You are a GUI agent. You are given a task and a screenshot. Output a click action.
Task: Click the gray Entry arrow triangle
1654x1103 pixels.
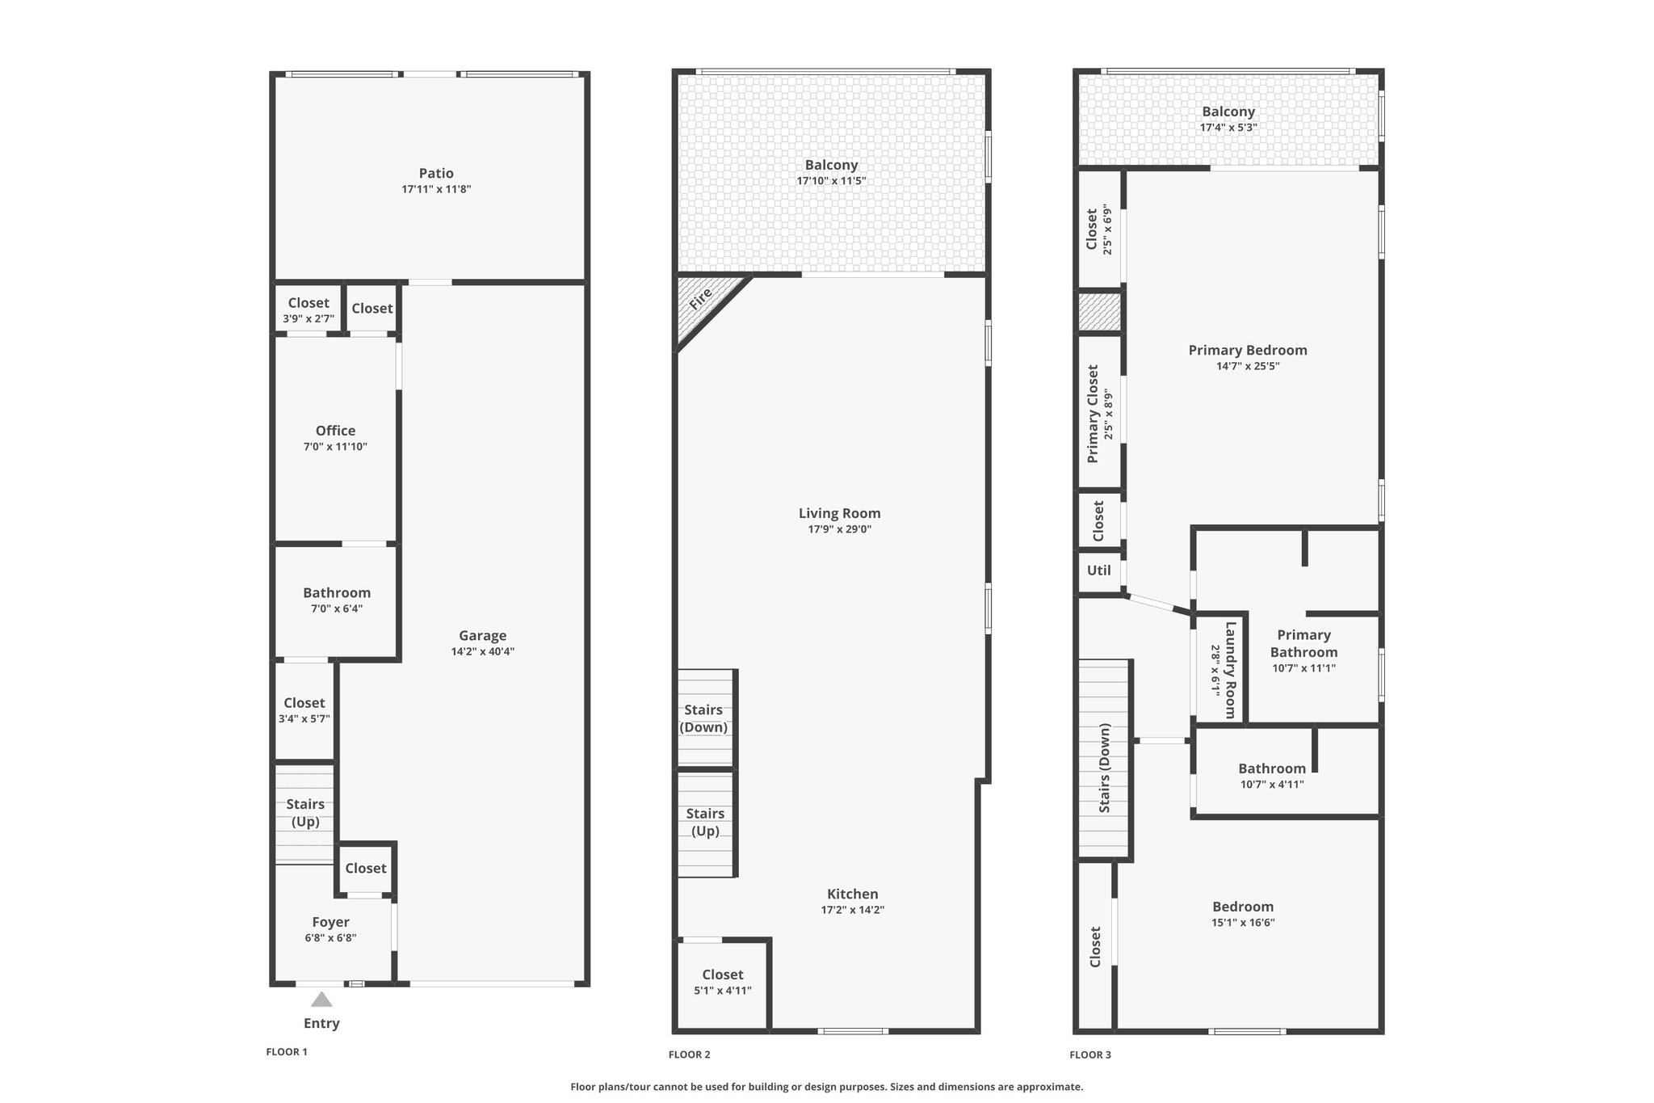click(x=321, y=1000)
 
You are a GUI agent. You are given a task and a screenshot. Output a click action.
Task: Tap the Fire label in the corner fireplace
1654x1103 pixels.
click(x=700, y=299)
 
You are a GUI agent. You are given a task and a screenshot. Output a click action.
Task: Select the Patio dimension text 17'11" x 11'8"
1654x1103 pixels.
click(x=436, y=189)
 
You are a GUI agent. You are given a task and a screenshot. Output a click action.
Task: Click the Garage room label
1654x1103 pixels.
click(x=483, y=636)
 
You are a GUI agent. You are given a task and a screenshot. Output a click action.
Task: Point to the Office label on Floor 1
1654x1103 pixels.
click(x=335, y=431)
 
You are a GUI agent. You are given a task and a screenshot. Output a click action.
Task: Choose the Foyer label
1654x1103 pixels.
click(x=331, y=922)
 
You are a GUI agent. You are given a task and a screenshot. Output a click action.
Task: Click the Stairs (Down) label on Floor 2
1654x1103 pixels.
click(x=703, y=718)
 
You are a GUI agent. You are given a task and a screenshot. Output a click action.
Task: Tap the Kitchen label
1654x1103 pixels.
click(x=853, y=894)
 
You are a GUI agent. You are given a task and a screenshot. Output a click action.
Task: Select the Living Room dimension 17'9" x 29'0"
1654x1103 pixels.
click(x=840, y=529)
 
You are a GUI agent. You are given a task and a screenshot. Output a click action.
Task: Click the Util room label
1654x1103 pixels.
click(x=1099, y=570)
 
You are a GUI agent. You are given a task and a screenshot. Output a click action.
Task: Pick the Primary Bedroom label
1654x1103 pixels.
click(x=1248, y=350)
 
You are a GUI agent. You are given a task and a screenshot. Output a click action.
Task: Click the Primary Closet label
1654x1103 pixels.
click(x=1093, y=414)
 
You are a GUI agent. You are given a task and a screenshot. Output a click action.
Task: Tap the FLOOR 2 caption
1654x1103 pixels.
click(x=690, y=1055)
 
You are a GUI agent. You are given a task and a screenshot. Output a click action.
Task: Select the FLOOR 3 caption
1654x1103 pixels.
click(x=1090, y=1055)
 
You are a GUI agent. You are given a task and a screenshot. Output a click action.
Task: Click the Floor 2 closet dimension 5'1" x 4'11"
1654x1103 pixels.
click(x=723, y=990)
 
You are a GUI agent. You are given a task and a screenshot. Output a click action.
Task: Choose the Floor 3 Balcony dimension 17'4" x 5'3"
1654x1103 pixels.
click(x=1228, y=128)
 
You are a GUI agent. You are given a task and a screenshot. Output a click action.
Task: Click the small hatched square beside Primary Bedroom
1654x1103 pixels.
click(x=1100, y=312)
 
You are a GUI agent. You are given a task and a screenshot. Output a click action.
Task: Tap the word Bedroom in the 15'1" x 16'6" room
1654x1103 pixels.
click(x=1243, y=907)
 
